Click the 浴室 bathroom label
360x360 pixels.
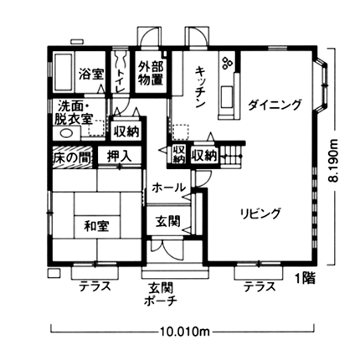pos(91,75)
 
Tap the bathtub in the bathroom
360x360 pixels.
pos(64,72)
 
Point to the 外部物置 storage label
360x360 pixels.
pos(151,74)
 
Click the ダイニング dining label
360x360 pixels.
pos(275,105)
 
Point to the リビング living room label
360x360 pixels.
pos(260,213)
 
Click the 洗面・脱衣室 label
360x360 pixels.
pos(75,113)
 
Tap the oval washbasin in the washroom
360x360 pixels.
pos(66,133)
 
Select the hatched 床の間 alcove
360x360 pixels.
pos(73,157)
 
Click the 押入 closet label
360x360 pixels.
pos(119,157)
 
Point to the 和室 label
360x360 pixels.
pos(97,226)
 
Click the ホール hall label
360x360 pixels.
pos(168,188)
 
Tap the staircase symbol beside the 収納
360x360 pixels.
pos(232,157)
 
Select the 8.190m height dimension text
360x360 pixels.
pos(333,161)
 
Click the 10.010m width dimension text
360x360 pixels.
pos(185,332)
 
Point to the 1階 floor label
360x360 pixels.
pos(306,278)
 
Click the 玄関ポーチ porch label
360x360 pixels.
pos(161,294)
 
